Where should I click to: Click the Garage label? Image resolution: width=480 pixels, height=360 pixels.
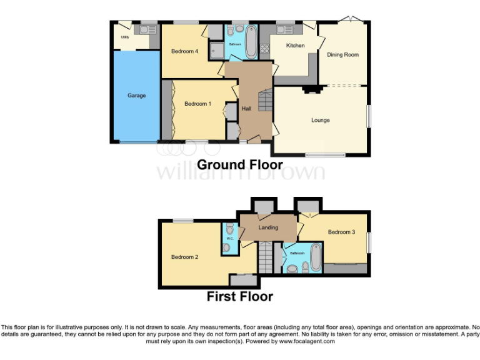point(137,96)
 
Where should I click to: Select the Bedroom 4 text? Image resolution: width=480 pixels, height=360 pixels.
point(184,51)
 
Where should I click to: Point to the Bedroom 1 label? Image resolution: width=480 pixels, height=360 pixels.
point(196,104)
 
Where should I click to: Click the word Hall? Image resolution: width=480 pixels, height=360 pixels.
point(246,109)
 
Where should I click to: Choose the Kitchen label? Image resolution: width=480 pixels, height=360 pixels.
point(295,46)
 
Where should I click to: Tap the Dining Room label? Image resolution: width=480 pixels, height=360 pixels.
point(343,55)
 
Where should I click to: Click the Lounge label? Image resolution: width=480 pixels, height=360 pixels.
point(321,120)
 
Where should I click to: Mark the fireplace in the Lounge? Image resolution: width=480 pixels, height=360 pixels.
point(311,89)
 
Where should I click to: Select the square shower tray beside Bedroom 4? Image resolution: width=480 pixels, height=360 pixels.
point(216,50)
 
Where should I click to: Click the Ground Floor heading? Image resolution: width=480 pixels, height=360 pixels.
point(240,165)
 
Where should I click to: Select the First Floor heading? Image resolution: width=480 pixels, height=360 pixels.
point(240,296)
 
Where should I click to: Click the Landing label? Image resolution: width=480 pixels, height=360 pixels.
point(268,227)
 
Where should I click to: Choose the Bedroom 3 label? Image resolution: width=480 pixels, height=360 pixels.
point(342,232)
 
